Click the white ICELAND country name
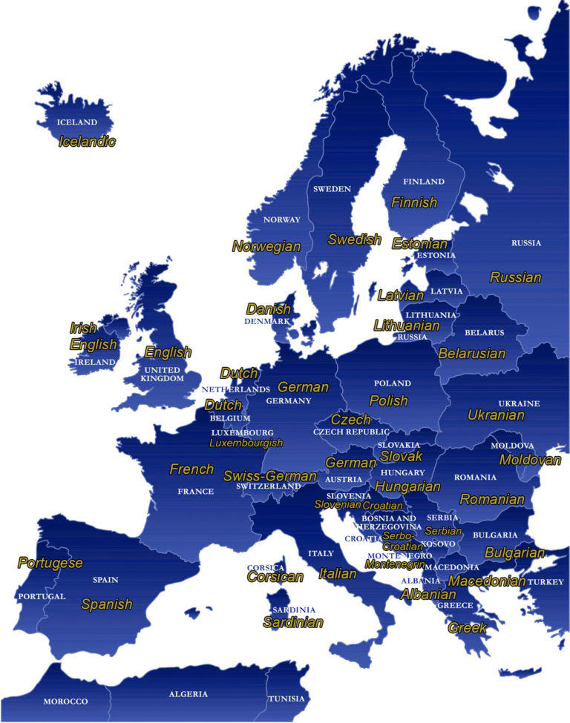76,122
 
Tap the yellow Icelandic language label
87,141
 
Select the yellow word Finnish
414,202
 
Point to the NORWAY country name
282,219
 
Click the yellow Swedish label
354,239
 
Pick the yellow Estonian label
420,243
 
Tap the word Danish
269,308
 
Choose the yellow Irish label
83,328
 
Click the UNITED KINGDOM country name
162,374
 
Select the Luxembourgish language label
246,443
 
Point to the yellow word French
191,469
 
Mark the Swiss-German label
269,475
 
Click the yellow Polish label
389,400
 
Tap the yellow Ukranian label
496,415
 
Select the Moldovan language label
530,460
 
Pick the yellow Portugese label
50,563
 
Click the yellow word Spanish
107,604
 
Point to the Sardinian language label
293,622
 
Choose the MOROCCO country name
65,701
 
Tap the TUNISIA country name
286,699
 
